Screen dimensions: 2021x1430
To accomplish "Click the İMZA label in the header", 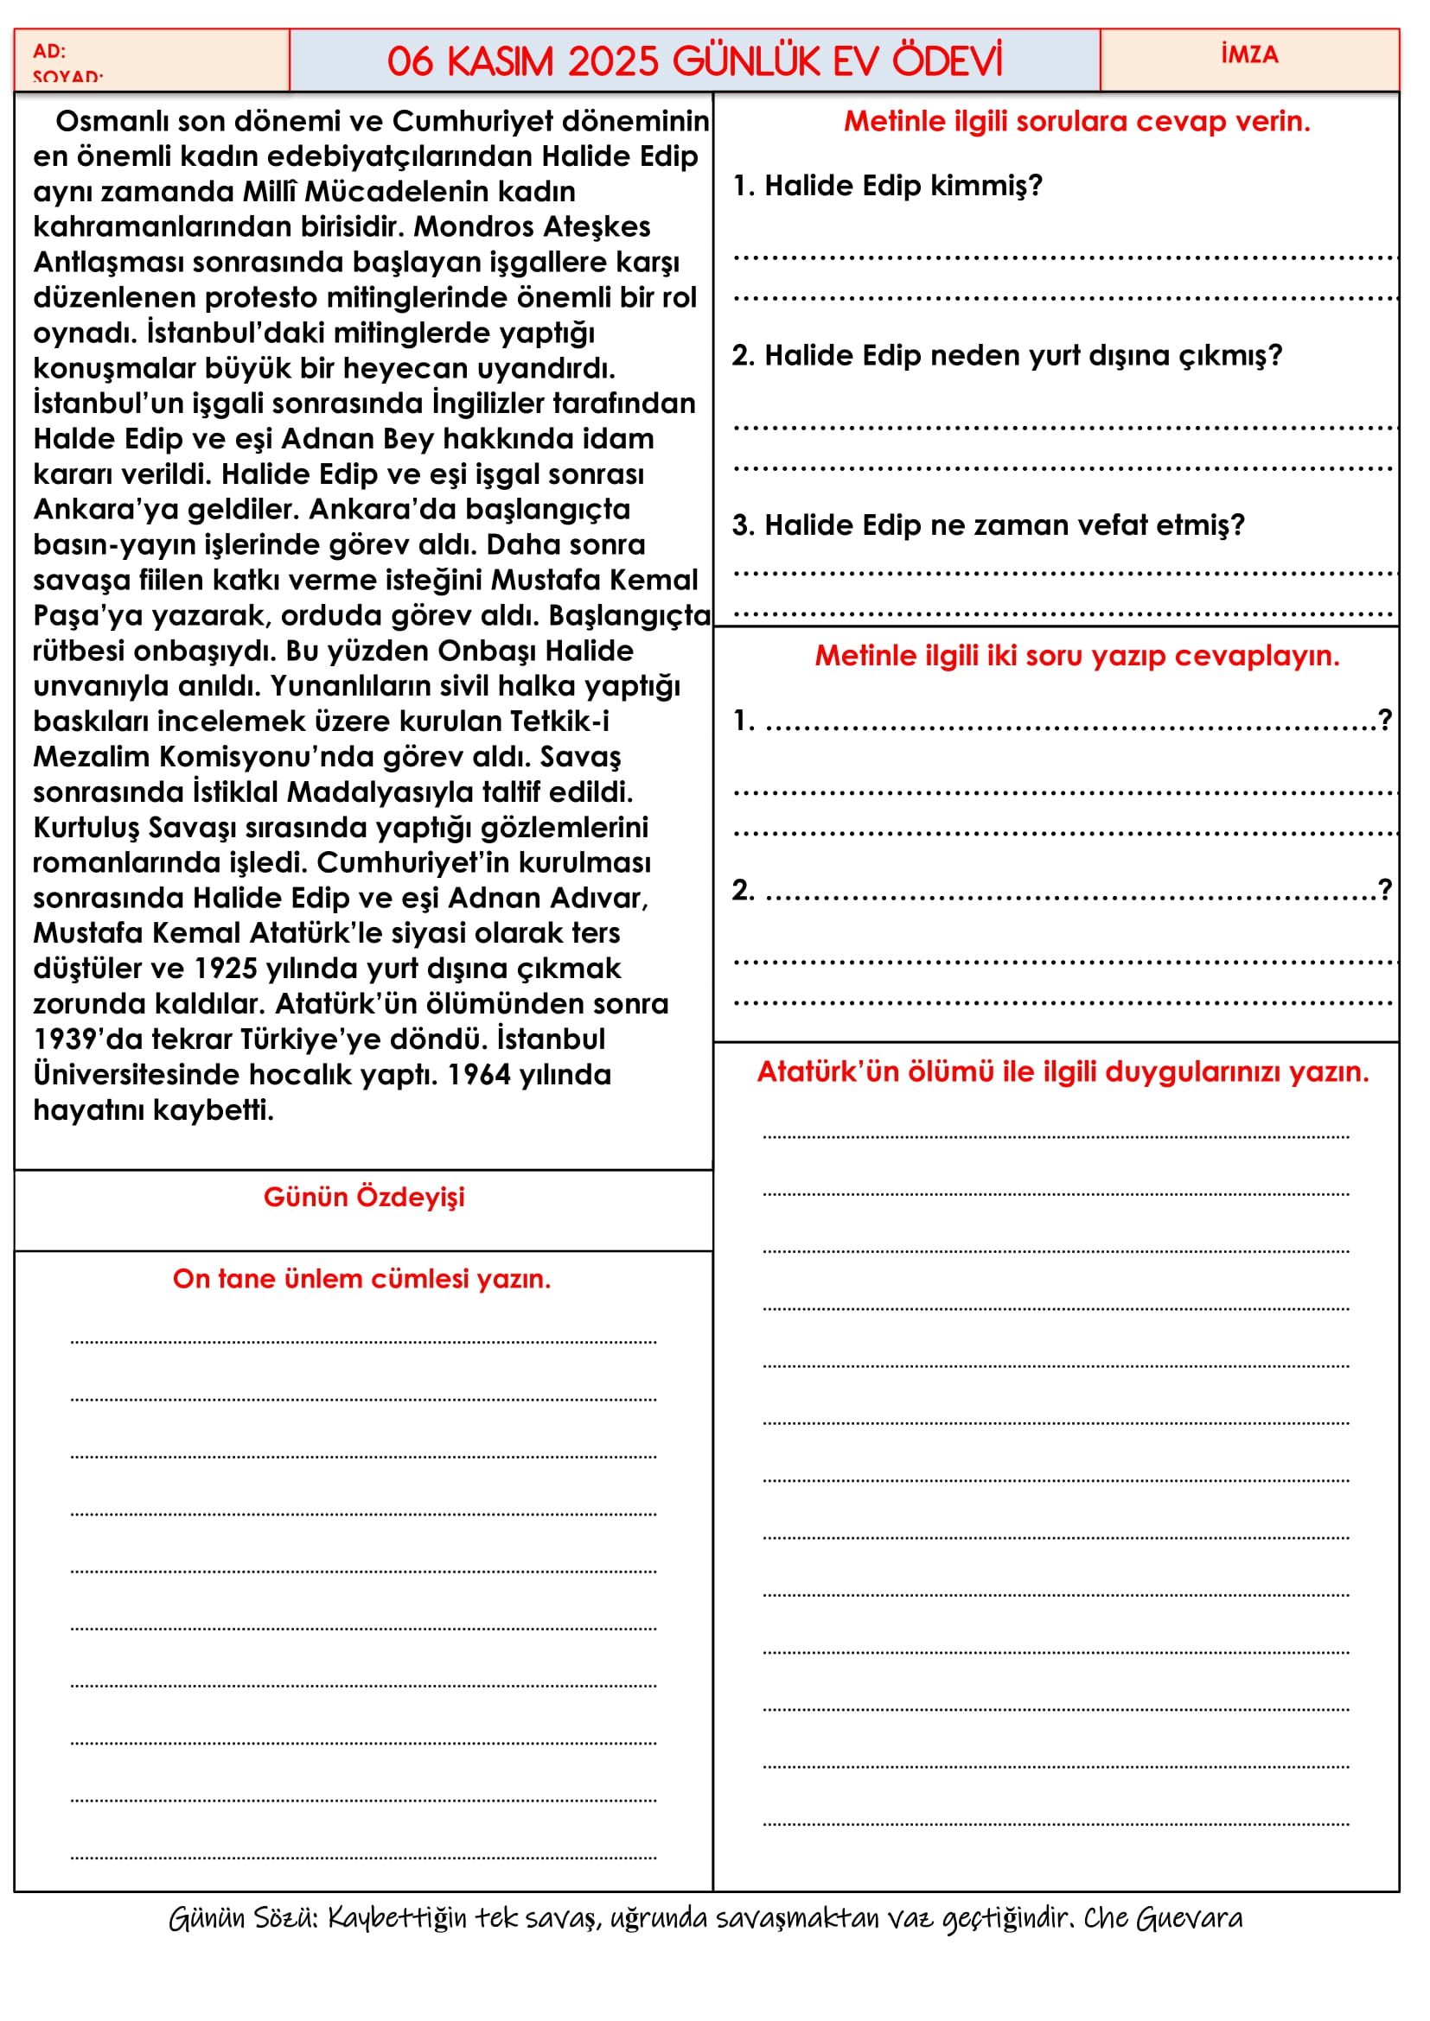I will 1248,54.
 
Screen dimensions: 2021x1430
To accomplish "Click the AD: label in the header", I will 49,51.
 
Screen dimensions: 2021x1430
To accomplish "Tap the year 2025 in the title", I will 613,61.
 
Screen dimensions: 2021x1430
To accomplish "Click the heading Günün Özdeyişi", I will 364,1197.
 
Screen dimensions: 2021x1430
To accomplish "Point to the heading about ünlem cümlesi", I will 362,1278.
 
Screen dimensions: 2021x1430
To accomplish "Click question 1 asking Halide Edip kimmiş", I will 888,186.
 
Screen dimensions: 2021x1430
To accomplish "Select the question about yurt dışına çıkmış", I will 1006,355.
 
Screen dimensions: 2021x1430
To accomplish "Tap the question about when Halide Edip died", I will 988,524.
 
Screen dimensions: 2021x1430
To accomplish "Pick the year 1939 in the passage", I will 64,1039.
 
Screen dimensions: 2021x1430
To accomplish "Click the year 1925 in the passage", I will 225,969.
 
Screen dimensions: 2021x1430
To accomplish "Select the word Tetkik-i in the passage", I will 559,721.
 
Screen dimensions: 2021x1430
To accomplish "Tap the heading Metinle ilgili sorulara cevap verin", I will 1076,121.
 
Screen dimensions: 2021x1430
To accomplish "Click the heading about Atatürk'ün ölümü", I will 1063,1071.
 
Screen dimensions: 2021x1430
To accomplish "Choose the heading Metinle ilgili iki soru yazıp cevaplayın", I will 1076,655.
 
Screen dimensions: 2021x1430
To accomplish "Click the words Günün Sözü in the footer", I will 243,1917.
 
